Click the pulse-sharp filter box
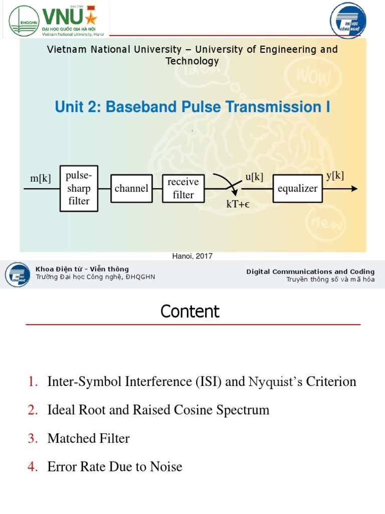coord(79,188)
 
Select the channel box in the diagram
coord(131,188)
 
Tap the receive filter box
coord(183,188)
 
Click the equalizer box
coord(297,188)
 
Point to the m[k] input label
coord(41,178)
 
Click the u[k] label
coord(254,177)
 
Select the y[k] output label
coord(335,175)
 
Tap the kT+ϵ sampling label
coord(238,204)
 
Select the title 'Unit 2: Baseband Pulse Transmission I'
coord(192,107)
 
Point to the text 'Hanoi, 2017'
coord(192,256)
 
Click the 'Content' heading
coord(190,312)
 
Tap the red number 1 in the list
coord(33,382)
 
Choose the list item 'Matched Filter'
coord(88,439)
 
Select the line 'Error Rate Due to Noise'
coord(115,467)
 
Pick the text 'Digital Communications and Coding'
coord(310,272)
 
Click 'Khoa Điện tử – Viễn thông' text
coord(82,269)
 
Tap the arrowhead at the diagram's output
coord(354,189)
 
